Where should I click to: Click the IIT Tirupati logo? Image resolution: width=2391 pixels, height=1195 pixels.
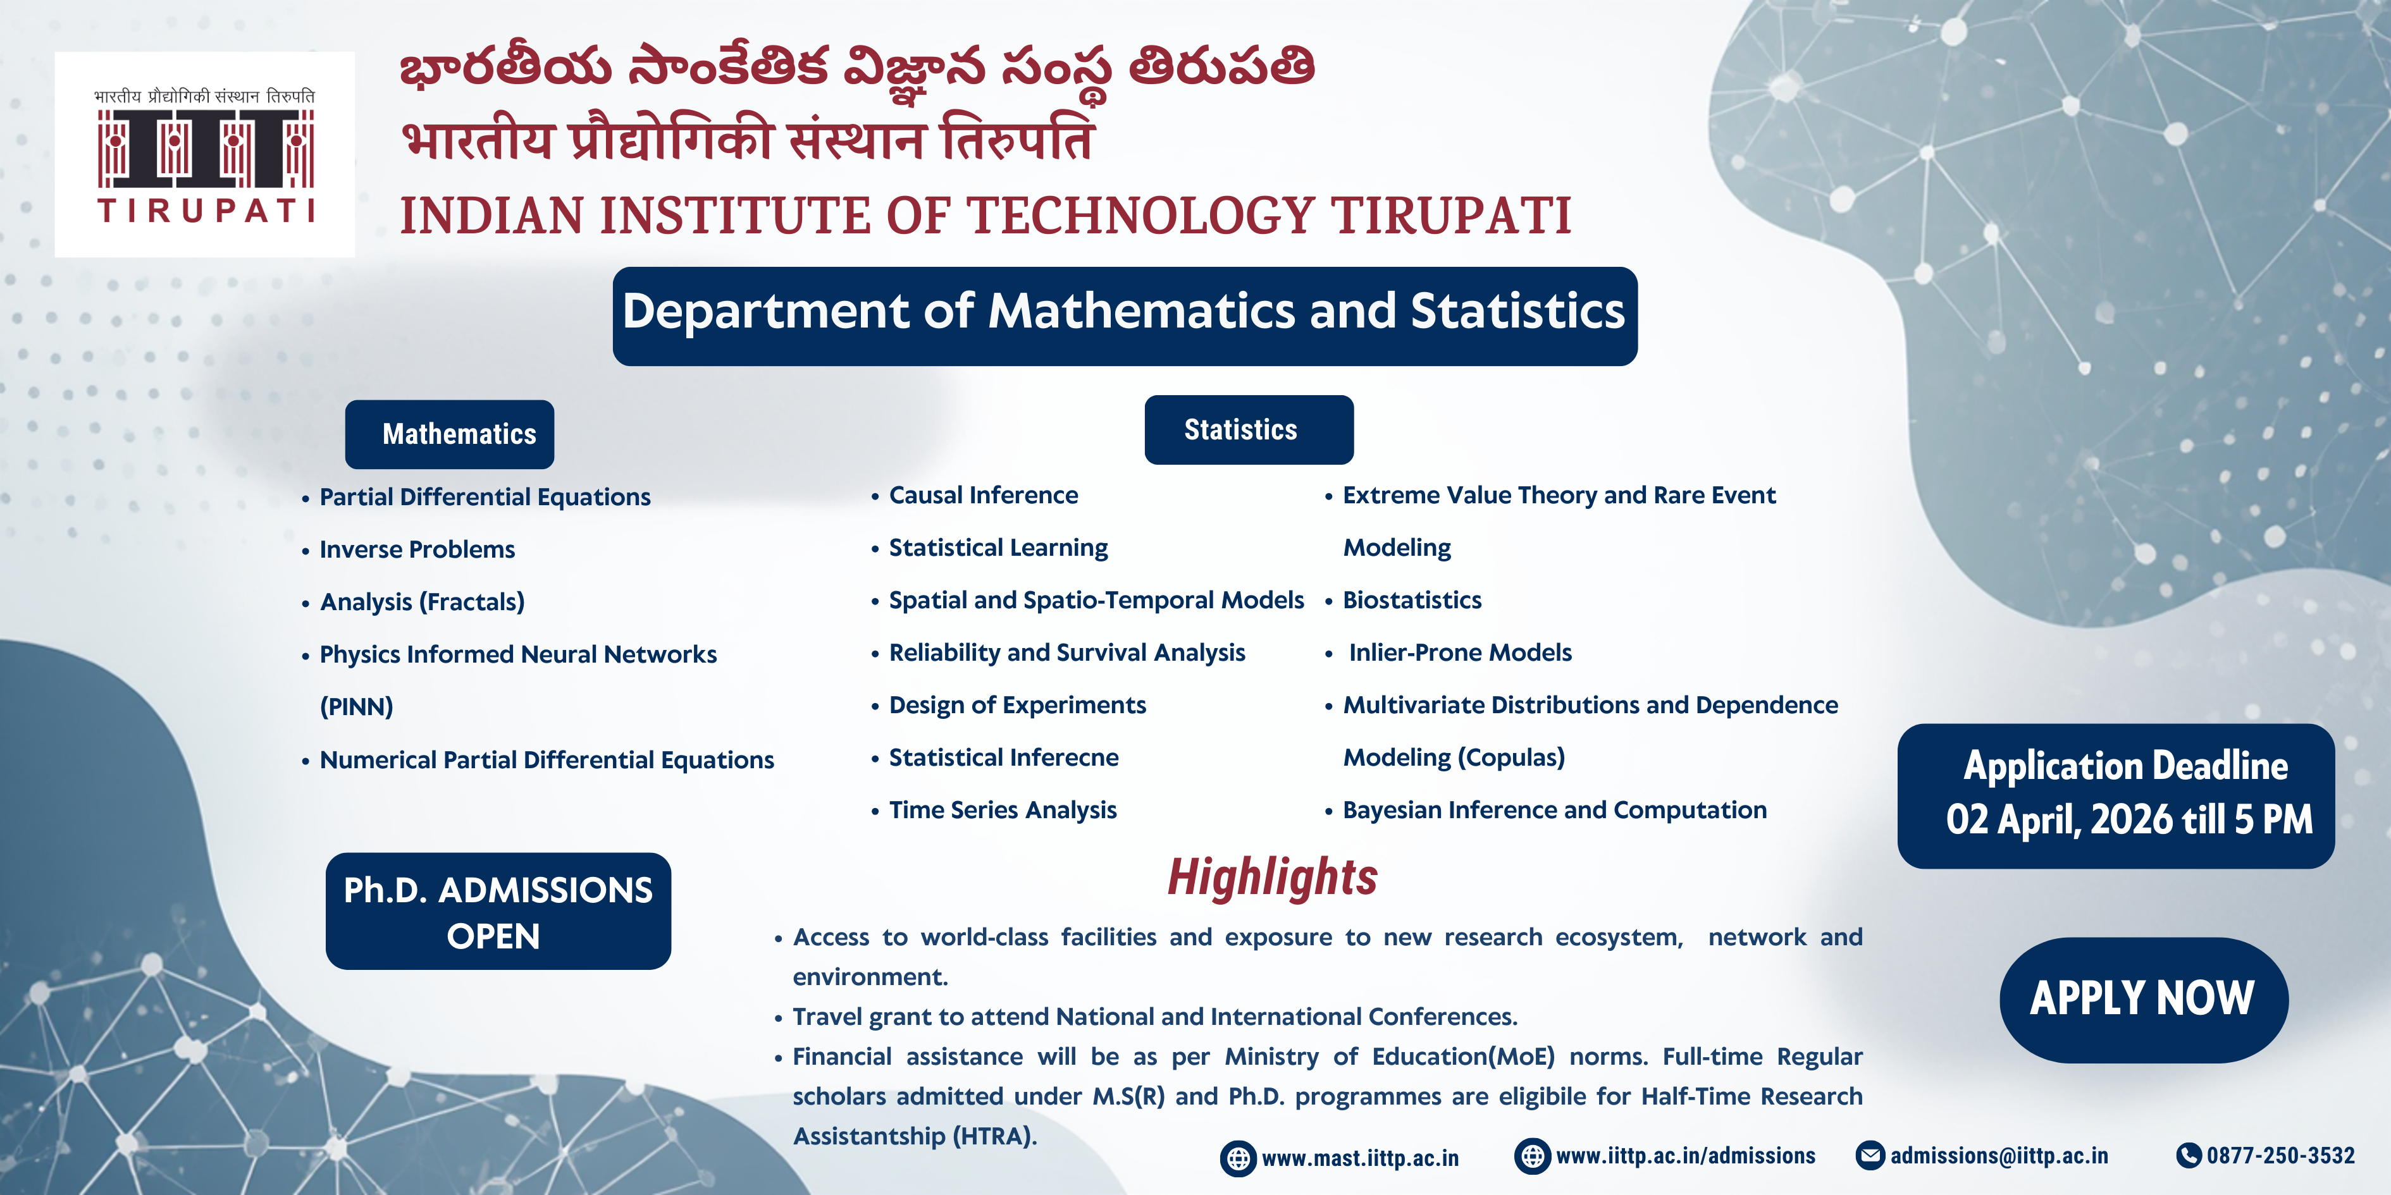tap(205, 155)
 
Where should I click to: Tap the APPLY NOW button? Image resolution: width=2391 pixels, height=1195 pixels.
tap(2143, 999)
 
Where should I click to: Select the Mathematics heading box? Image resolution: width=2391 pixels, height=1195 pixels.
tap(449, 434)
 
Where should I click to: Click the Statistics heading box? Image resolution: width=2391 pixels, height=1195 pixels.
tap(1249, 429)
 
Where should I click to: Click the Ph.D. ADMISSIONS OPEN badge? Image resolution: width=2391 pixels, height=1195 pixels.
tap(498, 911)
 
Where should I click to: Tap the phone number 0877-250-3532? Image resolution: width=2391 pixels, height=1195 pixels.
tap(2280, 1155)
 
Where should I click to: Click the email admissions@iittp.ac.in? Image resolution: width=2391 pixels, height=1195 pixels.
tap(1999, 1155)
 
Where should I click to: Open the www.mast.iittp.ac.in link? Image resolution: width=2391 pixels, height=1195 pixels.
tap(1360, 1158)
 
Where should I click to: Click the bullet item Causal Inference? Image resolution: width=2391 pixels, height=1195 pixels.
tap(983, 496)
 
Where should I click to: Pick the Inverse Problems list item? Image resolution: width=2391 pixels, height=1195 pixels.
tap(417, 549)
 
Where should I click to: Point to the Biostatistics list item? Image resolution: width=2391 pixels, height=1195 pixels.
tap(1412, 600)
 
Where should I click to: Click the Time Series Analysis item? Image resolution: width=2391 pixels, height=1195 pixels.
tap(1003, 810)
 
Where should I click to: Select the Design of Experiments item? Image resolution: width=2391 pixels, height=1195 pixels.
tap(1017, 705)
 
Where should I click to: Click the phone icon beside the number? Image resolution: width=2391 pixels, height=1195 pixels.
tap(2189, 1155)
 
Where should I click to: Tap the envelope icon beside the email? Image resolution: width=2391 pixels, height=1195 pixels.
tap(1870, 1155)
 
